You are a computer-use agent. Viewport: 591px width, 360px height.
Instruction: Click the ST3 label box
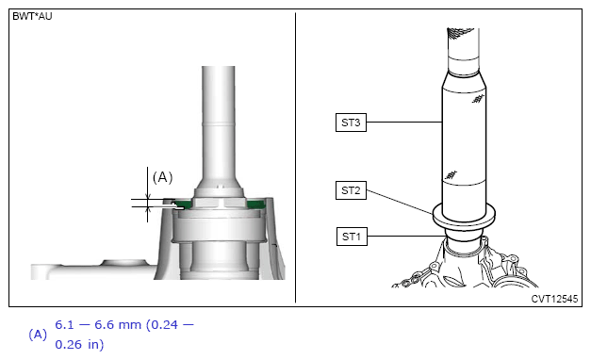351,123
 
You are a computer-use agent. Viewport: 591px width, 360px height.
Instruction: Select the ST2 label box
351,190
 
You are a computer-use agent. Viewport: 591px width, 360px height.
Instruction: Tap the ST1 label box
352,237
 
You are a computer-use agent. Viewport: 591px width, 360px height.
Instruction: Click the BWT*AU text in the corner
32,17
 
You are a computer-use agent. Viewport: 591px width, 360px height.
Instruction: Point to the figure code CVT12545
554,299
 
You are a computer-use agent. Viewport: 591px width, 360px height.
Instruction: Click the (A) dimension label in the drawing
162,177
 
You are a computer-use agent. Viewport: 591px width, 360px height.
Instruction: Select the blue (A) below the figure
38,335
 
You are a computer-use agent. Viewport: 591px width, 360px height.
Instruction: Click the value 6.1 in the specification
64,324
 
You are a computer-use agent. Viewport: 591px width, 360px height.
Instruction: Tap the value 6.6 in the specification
104,324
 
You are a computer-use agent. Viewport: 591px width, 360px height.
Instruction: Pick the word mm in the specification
130,325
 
